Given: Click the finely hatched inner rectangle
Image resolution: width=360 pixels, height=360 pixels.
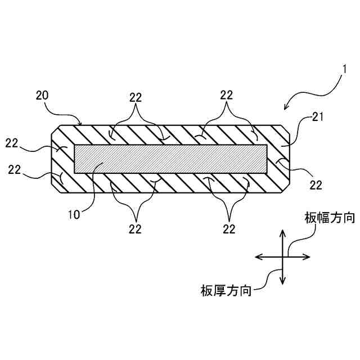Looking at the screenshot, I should tap(171, 159).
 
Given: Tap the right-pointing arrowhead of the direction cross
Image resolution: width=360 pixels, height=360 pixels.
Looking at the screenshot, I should tap(307, 257).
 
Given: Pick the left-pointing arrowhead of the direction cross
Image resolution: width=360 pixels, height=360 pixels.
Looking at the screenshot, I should tap(259, 257).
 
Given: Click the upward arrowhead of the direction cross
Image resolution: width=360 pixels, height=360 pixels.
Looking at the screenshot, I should tap(283, 232).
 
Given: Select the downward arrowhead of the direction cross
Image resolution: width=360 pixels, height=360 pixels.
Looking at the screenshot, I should tap(283, 281).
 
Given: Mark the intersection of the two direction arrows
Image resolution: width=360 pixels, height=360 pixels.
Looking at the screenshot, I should tap(283, 257).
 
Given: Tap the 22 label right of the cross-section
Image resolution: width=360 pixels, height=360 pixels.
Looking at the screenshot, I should tap(316, 184).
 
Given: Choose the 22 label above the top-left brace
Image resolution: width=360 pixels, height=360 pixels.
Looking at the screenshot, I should tap(135, 97).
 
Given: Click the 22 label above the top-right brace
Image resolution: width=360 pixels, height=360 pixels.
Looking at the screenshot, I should tap(226, 95).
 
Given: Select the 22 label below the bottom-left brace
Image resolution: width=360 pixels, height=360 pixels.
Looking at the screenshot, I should tap(135, 228).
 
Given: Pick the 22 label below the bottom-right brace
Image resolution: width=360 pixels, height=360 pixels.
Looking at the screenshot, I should tap(228, 228).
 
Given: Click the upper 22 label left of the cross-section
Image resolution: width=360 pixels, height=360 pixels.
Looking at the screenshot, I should tap(12, 143).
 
